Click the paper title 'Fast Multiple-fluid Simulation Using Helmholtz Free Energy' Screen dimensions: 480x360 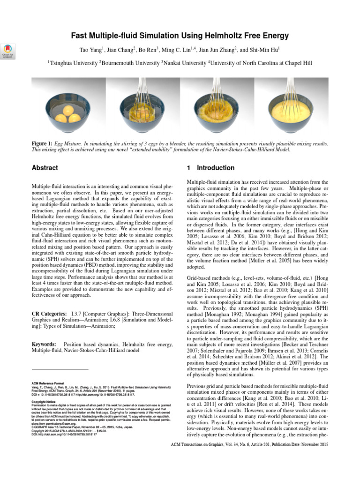pos(180,36)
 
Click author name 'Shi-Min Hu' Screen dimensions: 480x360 pos(265,50)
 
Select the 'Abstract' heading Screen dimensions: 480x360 pos(45,168)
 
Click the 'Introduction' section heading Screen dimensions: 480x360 pos(216,168)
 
